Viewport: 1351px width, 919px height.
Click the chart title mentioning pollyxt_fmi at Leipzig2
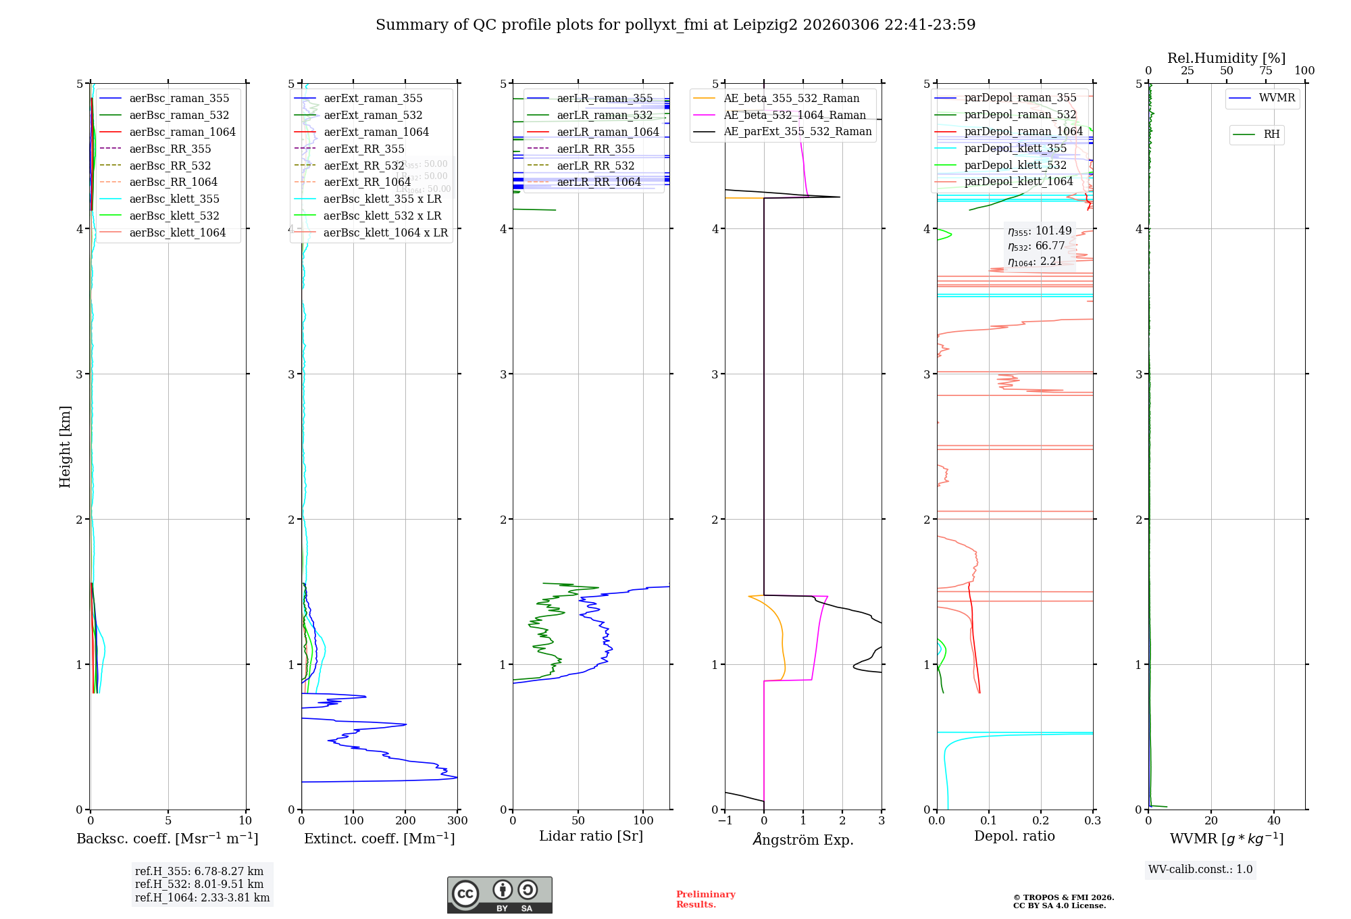(675, 25)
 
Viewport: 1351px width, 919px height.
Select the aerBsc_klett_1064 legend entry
(178, 232)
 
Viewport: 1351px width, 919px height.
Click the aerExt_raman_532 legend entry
(373, 115)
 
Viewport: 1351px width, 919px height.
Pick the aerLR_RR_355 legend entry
(595, 149)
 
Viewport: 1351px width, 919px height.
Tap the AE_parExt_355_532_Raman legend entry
(797, 131)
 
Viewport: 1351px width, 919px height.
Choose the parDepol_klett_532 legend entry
(1015, 165)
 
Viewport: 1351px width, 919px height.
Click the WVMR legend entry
(1277, 98)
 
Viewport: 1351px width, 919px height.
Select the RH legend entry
(1271, 134)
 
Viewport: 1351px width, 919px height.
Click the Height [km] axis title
(65, 446)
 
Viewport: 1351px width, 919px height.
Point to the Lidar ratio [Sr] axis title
(591, 836)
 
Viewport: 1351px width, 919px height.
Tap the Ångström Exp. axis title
(802, 839)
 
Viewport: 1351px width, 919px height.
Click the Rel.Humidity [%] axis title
(1226, 58)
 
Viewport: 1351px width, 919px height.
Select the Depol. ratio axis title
(1014, 836)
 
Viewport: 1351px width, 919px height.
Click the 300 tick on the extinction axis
(457, 820)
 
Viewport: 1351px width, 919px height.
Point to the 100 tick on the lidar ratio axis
(643, 820)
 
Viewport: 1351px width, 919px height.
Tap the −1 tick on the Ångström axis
(725, 820)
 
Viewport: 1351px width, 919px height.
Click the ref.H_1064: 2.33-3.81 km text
(202, 897)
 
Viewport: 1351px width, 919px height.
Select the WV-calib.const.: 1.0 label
(1200, 869)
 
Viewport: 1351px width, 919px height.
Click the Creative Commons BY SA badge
(499, 895)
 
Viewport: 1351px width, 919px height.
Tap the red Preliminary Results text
(705, 899)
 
